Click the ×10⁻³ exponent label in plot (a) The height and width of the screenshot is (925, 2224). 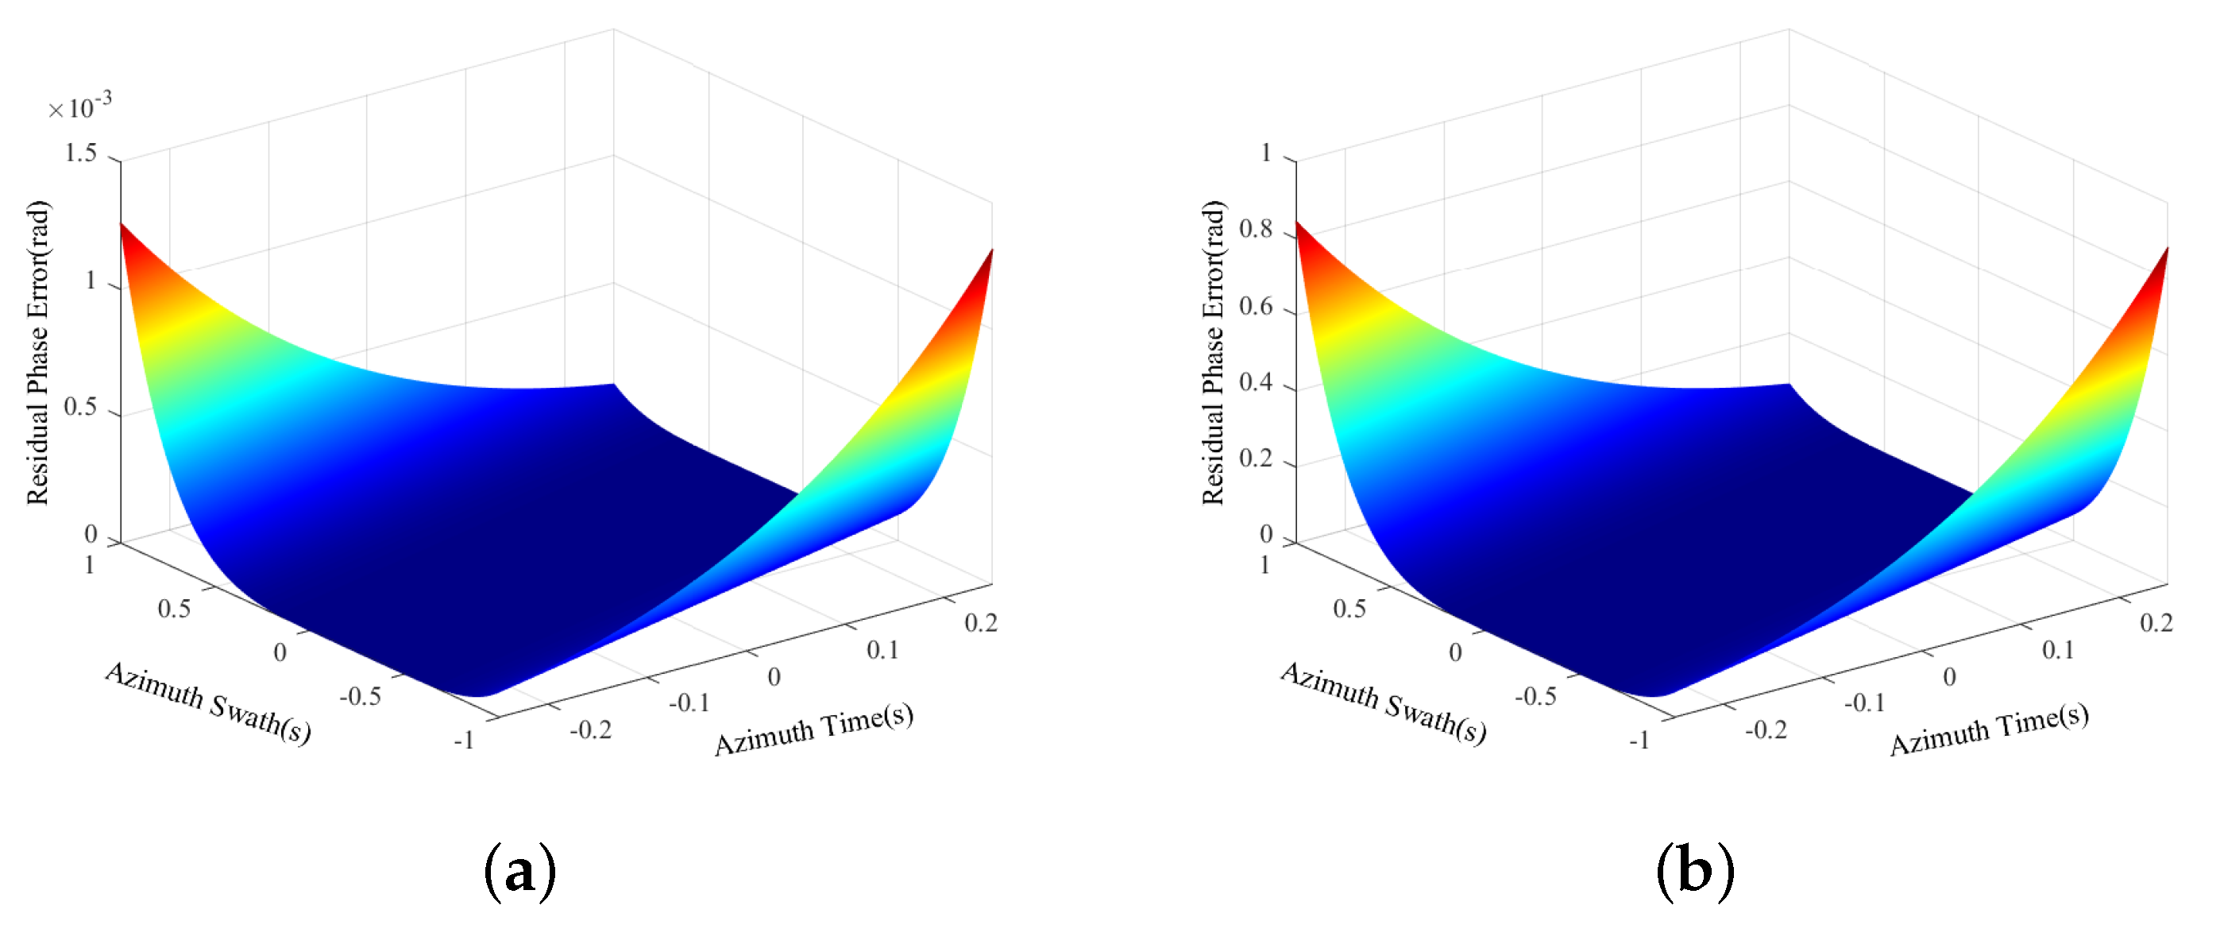pyautogui.click(x=79, y=107)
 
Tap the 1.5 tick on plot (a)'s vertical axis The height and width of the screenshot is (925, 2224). pyautogui.click(x=80, y=153)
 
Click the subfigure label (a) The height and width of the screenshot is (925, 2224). pyautogui.click(x=519, y=873)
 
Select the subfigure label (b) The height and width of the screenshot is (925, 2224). pyautogui.click(x=1695, y=873)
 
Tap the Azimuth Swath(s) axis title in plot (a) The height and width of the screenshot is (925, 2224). pyautogui.click(x=208, y=702)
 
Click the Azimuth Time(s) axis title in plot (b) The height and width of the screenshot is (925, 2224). pyautogui.click(x=1989, y=730)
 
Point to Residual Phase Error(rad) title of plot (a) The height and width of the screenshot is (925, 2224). pyautogui.click(x=37, y=352)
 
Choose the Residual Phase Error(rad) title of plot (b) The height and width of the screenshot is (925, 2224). pyautogui.click(x=1213, y=352)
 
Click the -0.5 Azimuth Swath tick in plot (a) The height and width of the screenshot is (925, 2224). pyautogui.click(x=360, y=696)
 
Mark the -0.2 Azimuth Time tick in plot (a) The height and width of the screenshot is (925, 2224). pyautogui.click(x=590, y=730)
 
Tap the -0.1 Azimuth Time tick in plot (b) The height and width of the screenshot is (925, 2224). pyautogui.click(x=1864, y=703)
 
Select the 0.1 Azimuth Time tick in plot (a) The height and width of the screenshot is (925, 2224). pyautogui.click(x=882, y=650)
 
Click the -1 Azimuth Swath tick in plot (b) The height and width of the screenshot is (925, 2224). pyautogui.click(x=1639, y=740)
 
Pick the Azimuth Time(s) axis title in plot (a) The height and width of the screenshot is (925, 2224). pyautogui.click(x=813, y=730)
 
